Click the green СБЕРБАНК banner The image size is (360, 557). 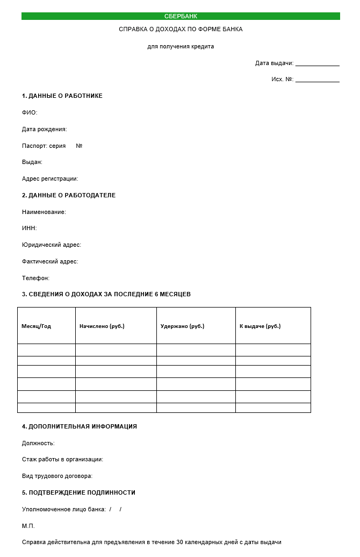[x=181, y=16]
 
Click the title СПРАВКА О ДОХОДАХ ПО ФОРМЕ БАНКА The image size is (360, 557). [x=181, y=30]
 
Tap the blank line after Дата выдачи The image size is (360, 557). [x=317, y=64]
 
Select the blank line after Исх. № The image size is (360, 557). [x=317, y=80]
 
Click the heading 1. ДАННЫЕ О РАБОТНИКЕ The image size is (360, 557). [x=62, y=96]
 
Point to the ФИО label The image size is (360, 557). [x=30, y=113]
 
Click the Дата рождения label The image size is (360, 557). [x=45, y=130]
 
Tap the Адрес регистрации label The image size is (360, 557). [x=50, y=179]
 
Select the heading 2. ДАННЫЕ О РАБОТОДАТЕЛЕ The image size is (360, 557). [x=69, y=196]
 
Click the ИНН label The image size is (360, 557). [x=30, y=228]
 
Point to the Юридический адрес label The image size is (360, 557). [x=52, y=245]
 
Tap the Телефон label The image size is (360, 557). [x=35, y=278]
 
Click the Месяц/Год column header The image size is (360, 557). [x=36, y=326]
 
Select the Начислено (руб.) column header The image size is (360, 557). [x=102, y=326]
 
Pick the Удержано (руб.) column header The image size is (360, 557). [x=183, y=326]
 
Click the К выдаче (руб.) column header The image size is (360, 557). [x=260, y=326]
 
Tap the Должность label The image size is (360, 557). [x=38, y=444]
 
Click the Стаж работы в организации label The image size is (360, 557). [x=62, y=460]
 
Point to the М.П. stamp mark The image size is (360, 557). [x=28, y=526]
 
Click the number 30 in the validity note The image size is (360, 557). [x=180, y=542]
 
